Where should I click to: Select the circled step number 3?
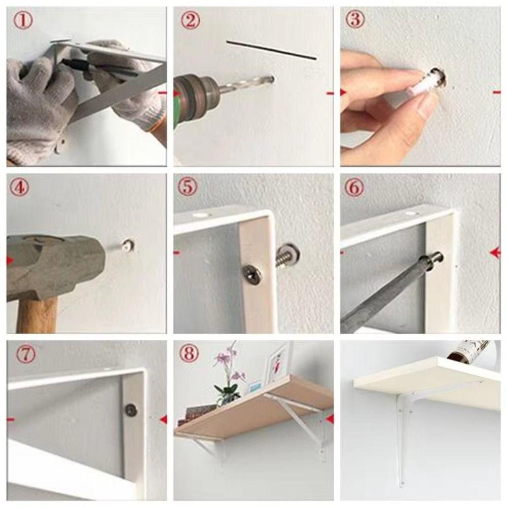point(356,20)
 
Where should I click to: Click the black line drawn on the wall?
point(271,50)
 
